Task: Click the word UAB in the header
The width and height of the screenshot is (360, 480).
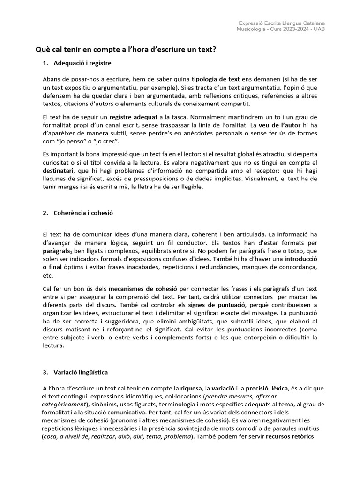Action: pyautogui.click(x=319, y=29)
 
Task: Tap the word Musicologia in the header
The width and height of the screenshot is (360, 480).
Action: pyautogui.click(x=252, y=29)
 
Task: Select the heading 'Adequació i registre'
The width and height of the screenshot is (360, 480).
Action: pyautogui.click(x=82, y=63)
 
